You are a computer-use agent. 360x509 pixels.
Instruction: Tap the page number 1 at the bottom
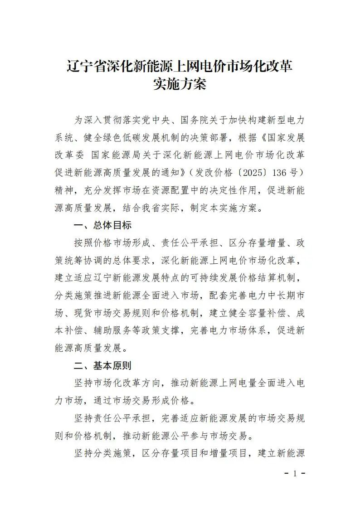(295, 474)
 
